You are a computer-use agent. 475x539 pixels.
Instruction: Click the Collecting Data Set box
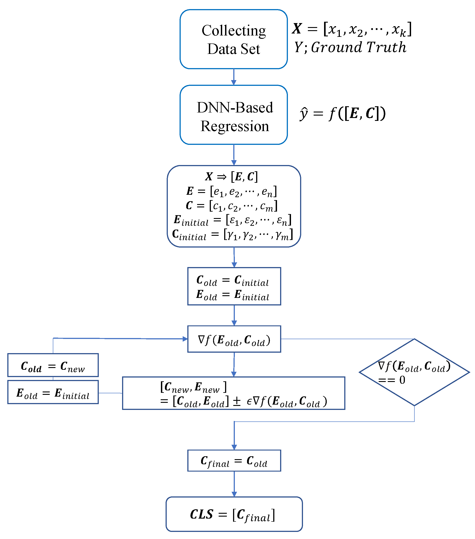234,39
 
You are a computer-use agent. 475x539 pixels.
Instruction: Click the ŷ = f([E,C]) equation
342,114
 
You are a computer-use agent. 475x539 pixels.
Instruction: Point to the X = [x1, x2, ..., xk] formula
352,29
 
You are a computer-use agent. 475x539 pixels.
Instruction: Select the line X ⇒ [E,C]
232,176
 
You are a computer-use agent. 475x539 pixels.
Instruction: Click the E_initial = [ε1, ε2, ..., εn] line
232,220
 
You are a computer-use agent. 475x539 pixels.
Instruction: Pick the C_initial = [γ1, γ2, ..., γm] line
232,234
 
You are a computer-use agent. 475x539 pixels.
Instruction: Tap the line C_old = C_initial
232,280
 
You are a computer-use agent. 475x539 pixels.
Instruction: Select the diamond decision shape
414,372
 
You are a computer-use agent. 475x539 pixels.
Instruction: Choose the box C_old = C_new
53,366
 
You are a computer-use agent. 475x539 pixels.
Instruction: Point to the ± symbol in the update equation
237,401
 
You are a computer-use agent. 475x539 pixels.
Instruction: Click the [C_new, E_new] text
193,387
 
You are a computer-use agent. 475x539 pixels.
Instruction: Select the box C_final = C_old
234,461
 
